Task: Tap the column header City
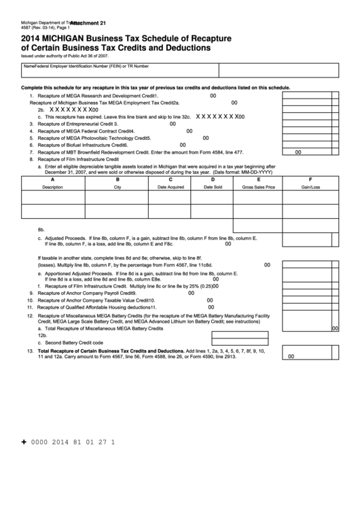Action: [118, 186]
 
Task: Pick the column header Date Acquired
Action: [170, 186]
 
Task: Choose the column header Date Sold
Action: [213, 186]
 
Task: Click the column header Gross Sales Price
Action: [258, 186]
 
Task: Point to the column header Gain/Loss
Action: [310, 186]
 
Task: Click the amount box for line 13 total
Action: [310, 355]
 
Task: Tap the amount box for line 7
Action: [310, 152]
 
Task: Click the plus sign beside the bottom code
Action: [24, 442]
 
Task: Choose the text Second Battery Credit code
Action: [74, 343]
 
